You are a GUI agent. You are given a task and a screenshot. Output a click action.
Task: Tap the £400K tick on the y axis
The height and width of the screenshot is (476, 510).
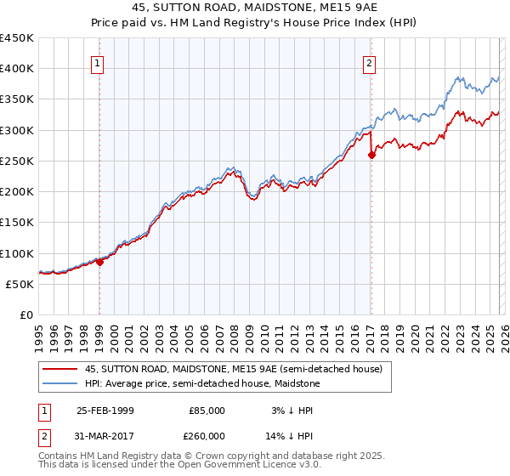pyautogui.click(x=17, y=69)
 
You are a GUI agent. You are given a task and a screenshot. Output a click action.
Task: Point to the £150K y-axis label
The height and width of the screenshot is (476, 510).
pyautogui.click(x=17, y=223)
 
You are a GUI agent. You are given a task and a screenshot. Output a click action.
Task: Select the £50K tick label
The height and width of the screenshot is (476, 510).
pyautogui.click(x=20, y=284)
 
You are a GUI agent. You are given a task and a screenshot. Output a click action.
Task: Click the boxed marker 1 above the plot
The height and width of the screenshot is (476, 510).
pyautogui.click(x=98, y=63)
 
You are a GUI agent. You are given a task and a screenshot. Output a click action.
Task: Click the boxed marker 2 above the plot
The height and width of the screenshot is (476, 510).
pyautogui.click(x=370, y=63)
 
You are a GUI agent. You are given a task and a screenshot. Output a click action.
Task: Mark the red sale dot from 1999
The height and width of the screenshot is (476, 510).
pyautogui.click(x=99, y=262)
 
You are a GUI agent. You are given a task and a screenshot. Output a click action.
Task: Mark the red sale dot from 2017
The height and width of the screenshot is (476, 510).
pyautogui.click(x=371, y=155)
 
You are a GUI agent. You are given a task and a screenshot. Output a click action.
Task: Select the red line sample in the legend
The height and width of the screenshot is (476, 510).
pyautogui.click(x=60, y=369)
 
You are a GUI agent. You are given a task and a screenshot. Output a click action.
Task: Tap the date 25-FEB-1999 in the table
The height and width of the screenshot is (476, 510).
pyautogui.click(x=105, y=411)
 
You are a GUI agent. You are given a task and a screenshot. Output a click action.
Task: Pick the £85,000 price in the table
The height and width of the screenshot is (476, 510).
pyautogui.click(x=207, y=411)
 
